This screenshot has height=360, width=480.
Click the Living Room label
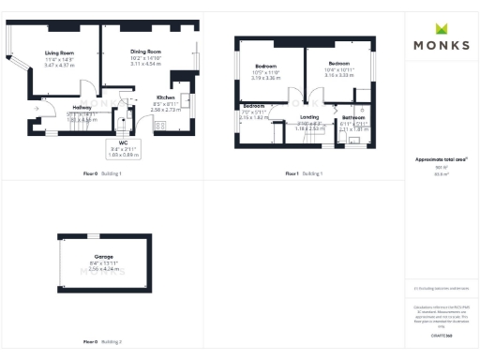58,54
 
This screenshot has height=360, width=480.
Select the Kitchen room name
166,97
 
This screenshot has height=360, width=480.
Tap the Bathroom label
352,117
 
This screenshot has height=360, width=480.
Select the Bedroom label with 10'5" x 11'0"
267,67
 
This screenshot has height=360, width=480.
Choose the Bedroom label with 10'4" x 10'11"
338,64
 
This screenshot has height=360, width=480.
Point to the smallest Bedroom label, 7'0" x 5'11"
254,107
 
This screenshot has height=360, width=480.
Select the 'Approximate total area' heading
441,159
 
